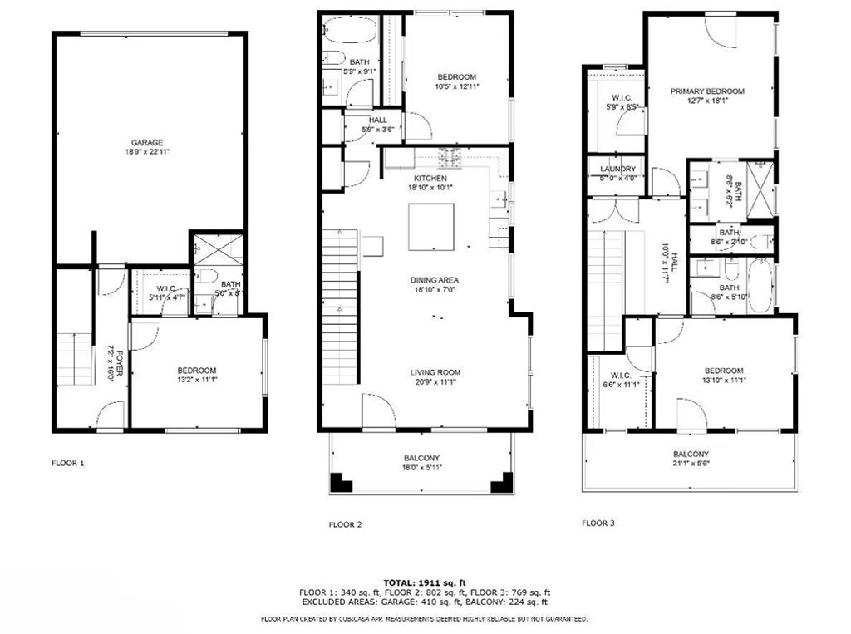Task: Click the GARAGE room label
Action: (x=146, y=142)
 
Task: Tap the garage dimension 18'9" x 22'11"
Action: (x=146, y=153)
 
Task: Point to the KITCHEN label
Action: (x=430, y=179)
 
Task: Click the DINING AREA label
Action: (x=434, y=280)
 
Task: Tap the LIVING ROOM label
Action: (x=435, y=372)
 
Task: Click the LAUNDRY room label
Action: (x=617, y=169)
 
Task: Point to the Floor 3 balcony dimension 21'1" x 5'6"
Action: (x=691, y=464)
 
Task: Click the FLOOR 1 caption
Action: (x=68, y=463)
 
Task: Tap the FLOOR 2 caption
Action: (x=345, y=524)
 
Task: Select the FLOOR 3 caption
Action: (x=598, y=523)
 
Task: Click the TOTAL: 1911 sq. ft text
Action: (x=425, y=582)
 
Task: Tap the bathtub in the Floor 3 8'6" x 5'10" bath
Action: (x=760, y=287)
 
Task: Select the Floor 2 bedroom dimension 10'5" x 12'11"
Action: (x=457, y=86)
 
